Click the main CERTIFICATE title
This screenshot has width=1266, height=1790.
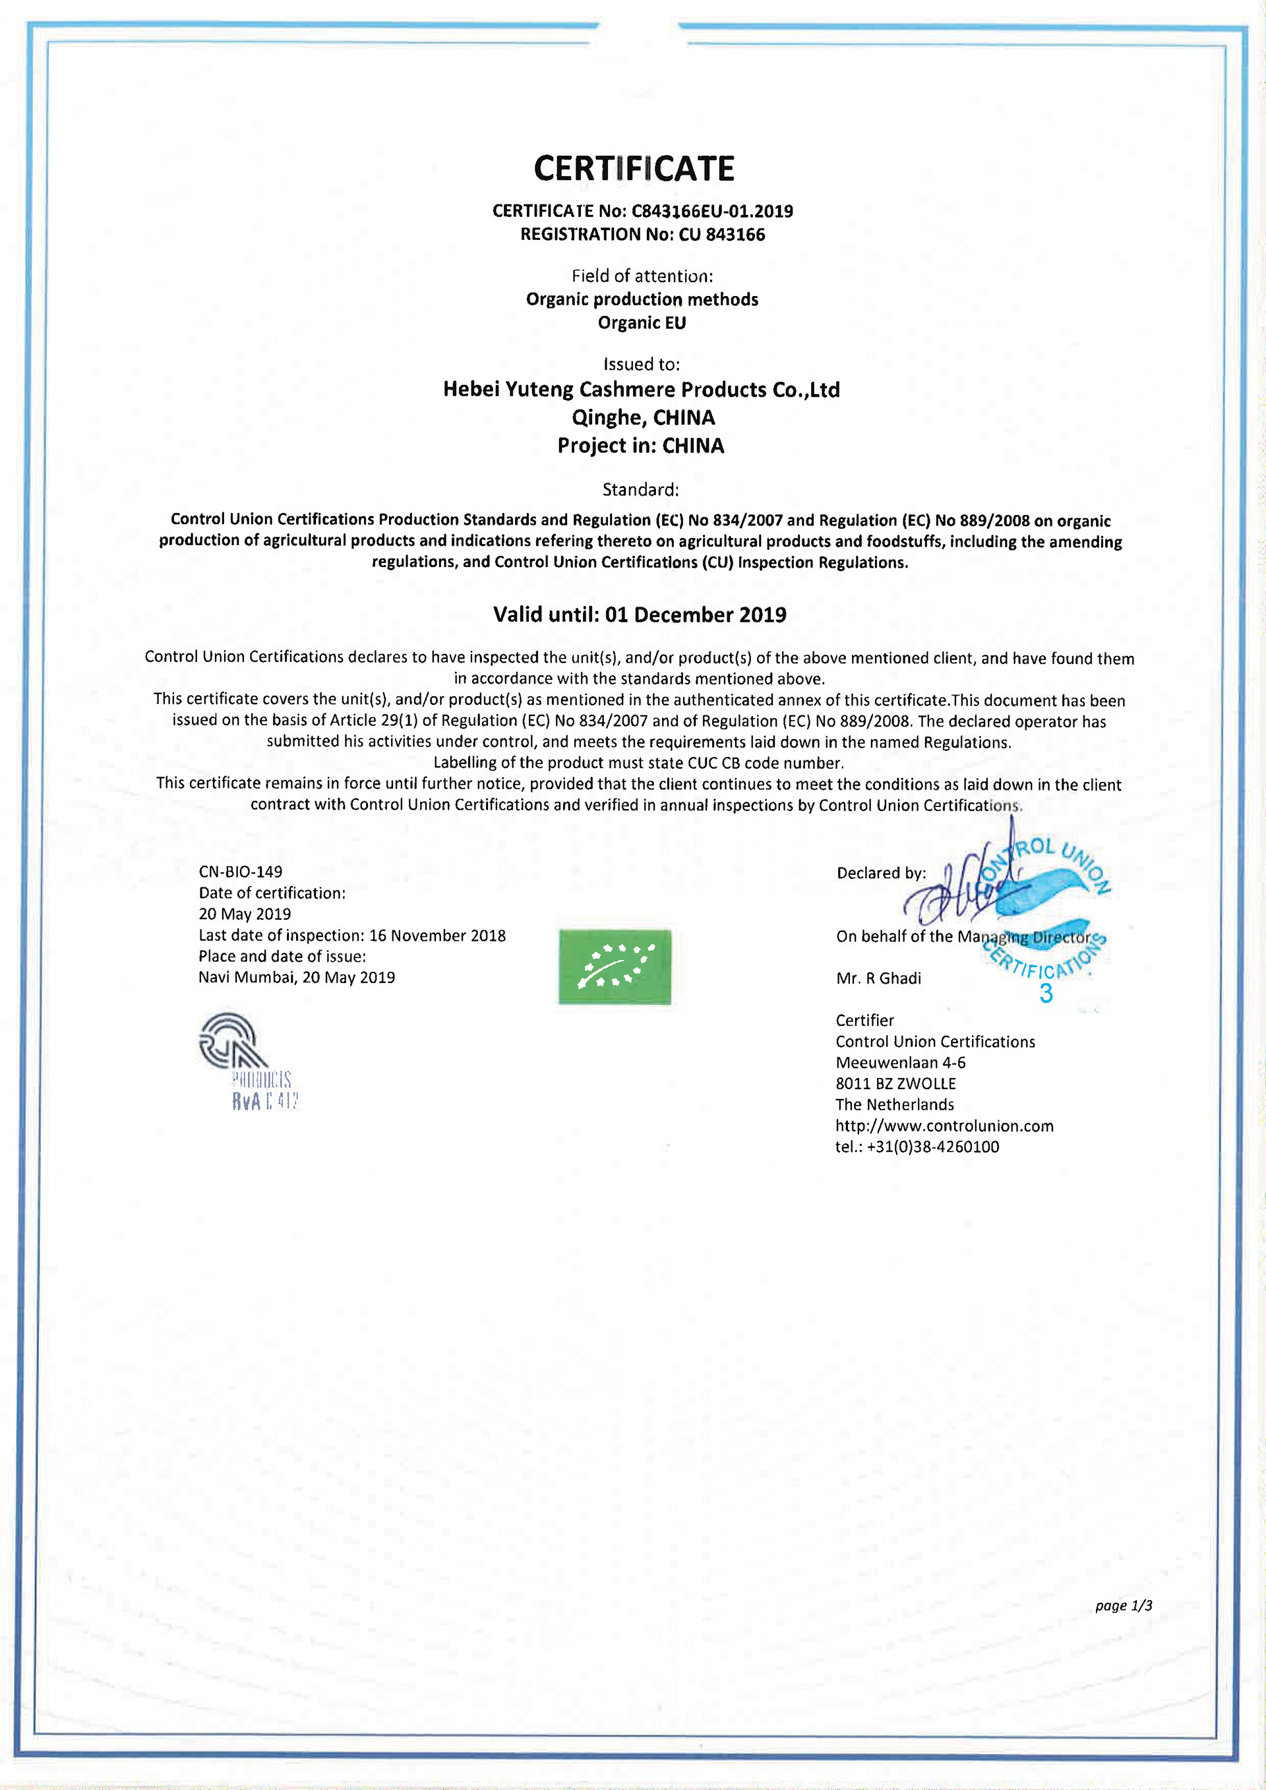tap(634, 168)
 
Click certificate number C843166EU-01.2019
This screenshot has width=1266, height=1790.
tap(711, 211)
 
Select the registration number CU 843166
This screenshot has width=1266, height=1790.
tap(722, 235)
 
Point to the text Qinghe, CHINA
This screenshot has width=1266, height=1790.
tap(643, 418)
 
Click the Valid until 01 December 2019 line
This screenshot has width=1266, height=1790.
tap(639, 615)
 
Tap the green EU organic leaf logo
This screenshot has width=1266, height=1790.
tap(615, 967)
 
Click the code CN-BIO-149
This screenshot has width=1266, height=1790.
tap(240, 872)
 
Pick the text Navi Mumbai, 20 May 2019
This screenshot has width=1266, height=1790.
tap(296, 978)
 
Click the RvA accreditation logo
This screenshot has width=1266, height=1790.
tap(247, 1060)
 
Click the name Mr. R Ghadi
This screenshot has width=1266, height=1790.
tap(878, 978)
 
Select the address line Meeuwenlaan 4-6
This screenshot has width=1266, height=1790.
tap(901, 1063)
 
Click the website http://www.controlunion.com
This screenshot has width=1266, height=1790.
tap(944, 1126)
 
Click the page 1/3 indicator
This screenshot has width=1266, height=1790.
tap(1124, 1605)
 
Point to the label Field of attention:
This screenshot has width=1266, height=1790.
tap(642, 276)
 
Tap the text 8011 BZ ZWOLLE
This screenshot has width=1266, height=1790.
tap(895, 1084)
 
